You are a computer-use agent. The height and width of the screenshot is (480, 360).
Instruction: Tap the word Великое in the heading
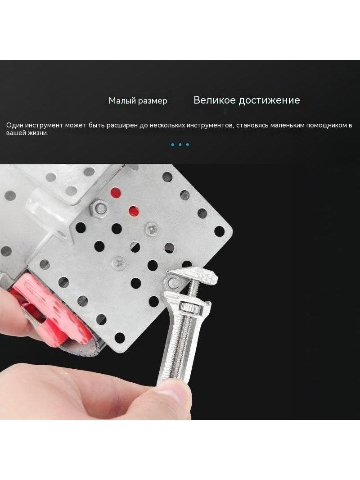215,100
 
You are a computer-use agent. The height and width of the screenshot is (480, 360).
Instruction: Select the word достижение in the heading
270,100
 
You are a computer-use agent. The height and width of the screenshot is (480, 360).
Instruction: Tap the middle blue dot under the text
180,145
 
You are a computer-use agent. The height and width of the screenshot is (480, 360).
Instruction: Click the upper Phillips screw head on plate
152,228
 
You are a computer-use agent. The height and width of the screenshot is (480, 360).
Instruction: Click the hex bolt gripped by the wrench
174,281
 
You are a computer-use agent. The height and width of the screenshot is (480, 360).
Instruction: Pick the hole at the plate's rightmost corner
220,230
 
